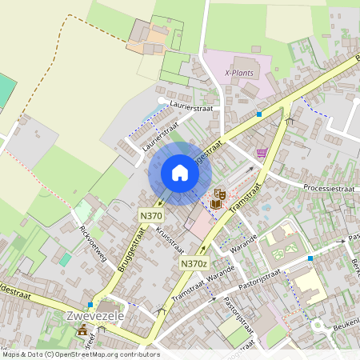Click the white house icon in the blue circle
point(179,173)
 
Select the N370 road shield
point(151,215)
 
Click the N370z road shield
point(194,264)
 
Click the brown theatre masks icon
point(219,194)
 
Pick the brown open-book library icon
point(215,203)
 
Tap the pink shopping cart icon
point(261,152)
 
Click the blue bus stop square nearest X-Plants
point(259,114)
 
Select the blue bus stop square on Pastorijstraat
point(310,258)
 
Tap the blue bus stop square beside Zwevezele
point(90,305)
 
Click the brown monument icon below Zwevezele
point(82,331)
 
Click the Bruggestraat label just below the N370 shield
point(126,248)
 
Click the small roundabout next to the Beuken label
point(318,326)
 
